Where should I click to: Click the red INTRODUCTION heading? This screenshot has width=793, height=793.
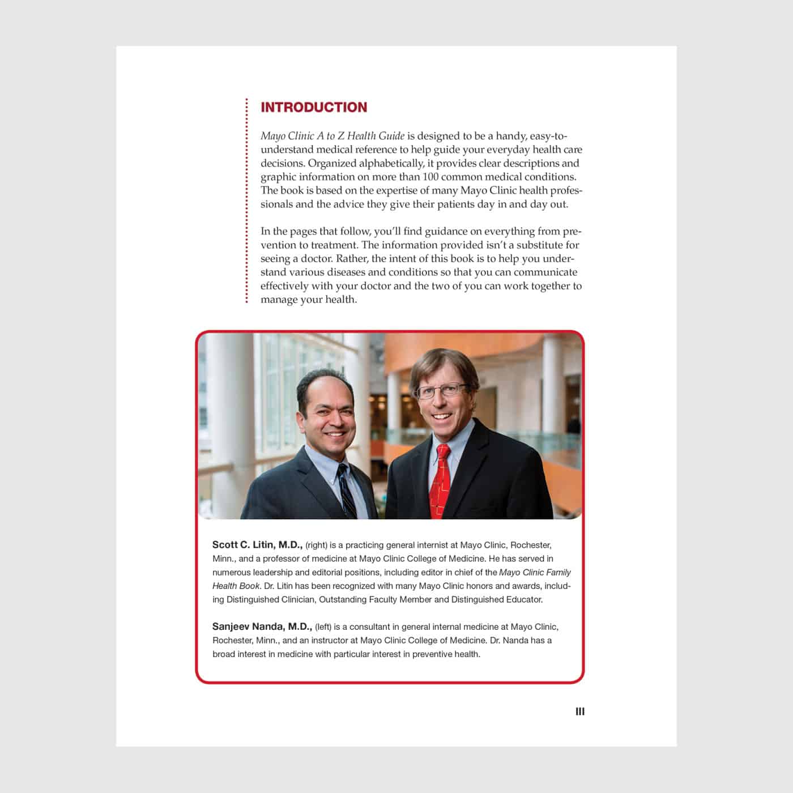click(x=314, y=108)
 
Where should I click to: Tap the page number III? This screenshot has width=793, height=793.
click(x=580, y=711)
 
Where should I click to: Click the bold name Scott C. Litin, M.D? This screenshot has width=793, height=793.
click(x=257, y=545)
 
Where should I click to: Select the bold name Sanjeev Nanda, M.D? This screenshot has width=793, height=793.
click(x=262, y=626)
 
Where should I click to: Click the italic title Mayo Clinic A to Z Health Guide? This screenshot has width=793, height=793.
click(x=332, y=136)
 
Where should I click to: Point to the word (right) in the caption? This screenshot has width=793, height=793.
click(x=317, y=545)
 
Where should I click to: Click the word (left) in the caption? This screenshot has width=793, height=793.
click(x=323, y=627)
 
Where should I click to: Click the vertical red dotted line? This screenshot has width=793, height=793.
click(x=247, y=201)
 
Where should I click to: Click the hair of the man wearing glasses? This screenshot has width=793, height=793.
click(x=442, y=363)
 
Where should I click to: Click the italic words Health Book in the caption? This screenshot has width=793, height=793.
click(x=236, y=586)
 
